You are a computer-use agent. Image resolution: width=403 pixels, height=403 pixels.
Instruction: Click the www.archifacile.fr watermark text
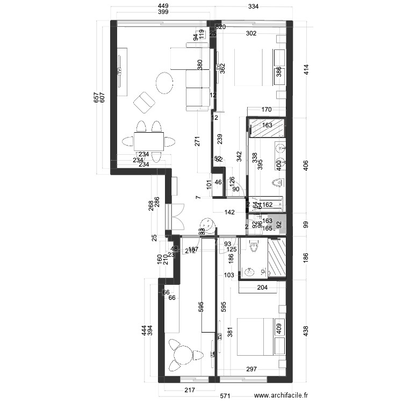tap(281, 395)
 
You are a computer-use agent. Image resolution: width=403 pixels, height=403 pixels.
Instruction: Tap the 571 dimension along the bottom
tap(225, 397)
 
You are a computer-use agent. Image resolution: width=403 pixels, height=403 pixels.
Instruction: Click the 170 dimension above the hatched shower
tap(266, 110)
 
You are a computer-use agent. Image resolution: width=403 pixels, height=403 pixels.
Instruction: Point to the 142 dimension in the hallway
tap(229, 213)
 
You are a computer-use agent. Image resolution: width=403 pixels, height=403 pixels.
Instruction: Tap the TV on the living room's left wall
tap(120, 71)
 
